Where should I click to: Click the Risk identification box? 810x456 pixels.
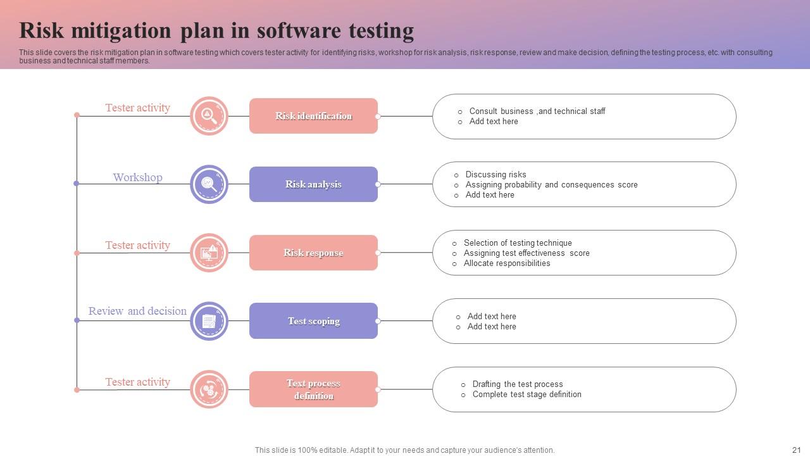tap(313, 116)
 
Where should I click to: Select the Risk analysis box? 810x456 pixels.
tap(313, 184)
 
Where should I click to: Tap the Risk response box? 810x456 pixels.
tap(313, 253)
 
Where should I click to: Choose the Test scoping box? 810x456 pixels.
tap(313, 321)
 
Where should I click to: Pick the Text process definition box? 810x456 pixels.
tap(313, 389)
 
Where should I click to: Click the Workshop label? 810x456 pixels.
tap(137, 177)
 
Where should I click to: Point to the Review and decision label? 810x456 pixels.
tap(137, 311)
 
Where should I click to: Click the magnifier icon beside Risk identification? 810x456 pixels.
tap(209, 116)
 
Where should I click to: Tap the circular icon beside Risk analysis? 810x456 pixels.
tap(209, 184)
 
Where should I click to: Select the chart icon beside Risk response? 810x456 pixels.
tap(209, 253)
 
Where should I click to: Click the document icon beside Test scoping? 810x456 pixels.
tap(209, 321)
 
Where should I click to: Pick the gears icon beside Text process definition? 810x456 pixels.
tap(209, 389)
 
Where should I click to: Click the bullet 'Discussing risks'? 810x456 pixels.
tap(495, 174)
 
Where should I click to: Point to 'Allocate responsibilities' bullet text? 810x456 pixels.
tap(507, 263)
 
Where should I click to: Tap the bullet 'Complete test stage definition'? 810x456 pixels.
tap(526, 394)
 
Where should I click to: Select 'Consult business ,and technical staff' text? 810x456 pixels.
tap(537, 111)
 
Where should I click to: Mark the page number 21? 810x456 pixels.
tap(796, 450)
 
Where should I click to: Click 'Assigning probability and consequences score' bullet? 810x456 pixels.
tap(551, 184)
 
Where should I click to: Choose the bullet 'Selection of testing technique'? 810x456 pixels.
tap(518, 243)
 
